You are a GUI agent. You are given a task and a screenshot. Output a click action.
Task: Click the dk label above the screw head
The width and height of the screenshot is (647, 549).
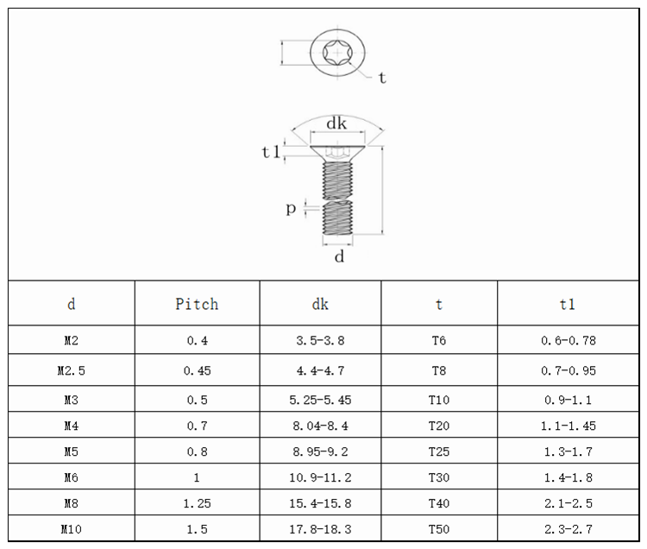(336, 123)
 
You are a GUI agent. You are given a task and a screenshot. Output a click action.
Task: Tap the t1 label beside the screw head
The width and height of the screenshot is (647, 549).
(271, 152)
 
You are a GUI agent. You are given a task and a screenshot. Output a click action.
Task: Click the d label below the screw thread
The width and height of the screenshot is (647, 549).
(339, 256)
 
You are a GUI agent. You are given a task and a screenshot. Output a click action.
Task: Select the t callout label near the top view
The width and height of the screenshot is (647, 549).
(381, 78)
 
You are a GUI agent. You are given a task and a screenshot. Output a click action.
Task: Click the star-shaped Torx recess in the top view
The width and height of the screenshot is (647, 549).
(336, 53)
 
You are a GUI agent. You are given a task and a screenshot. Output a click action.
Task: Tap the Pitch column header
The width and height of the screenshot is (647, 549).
(197, 304)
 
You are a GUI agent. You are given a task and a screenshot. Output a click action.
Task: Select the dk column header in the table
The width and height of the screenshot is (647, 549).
(320, 304)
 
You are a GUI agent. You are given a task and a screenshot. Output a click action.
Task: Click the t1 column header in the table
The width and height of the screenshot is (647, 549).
(567, 304)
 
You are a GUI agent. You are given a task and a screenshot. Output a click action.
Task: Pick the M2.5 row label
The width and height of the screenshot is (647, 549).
(71, 370)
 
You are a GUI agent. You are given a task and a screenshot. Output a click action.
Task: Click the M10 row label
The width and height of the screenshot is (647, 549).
(71, 529)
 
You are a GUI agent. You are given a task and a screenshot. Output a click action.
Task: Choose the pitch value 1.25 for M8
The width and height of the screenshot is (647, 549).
(197, 503)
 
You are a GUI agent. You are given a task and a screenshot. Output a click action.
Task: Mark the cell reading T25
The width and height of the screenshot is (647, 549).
(439, 451)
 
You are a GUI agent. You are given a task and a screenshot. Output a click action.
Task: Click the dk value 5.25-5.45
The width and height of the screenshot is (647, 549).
(320, 400)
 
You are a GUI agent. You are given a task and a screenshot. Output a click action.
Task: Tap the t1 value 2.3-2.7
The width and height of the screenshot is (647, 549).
(567, 529)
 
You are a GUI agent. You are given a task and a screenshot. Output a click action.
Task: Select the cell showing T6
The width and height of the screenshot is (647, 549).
(439, 340)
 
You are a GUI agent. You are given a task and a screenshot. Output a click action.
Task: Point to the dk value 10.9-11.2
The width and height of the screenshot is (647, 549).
(320, 476)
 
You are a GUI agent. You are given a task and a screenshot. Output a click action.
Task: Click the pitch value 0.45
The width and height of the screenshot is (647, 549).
(197, 370)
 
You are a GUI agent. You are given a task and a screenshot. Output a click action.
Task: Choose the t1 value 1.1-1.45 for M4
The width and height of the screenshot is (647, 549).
(567, 426)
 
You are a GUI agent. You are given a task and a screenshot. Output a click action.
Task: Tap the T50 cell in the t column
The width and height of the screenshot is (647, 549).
(439, 529)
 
